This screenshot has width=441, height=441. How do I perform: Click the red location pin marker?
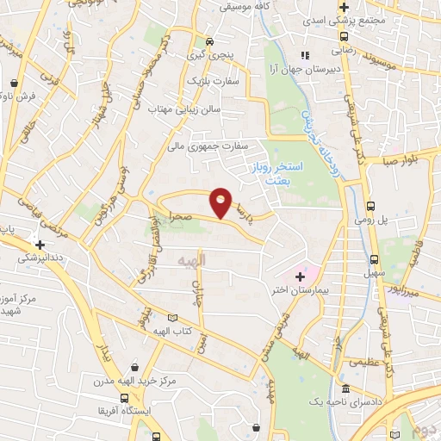(221, 202)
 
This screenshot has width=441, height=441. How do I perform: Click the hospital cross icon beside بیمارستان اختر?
(300, 276)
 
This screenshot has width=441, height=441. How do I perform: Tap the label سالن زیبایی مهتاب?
(185, 110)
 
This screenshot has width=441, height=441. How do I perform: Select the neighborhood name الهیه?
(189, 259)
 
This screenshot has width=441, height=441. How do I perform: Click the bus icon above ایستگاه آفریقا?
(127, 398)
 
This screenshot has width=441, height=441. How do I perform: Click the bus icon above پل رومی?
(371, 206)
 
